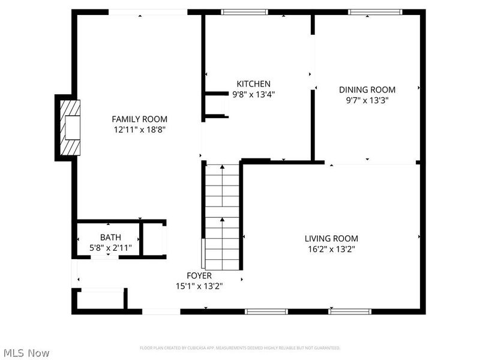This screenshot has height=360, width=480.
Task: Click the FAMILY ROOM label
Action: tap(139, 119)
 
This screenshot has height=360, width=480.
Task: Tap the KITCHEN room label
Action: tap(253, 84)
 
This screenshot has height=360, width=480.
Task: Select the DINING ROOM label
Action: tap(367, 89)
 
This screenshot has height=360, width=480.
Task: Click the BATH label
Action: tap(110, 237)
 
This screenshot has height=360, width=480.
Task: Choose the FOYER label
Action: tap(199, 275)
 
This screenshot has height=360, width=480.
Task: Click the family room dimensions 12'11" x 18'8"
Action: tap(139, 129)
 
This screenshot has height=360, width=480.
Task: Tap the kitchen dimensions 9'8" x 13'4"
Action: tap(253, 94)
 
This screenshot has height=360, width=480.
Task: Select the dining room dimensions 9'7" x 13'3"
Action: tap(367, 100)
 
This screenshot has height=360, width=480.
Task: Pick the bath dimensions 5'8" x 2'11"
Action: tap(110, 247)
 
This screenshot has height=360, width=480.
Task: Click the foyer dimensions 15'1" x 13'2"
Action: tap(199, 286)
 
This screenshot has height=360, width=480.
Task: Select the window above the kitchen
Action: tap(244, 11)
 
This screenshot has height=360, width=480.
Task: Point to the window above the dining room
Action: tap(376, 11)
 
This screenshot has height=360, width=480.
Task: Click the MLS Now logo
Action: tap(26, 353)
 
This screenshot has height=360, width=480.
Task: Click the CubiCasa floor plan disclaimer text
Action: tap(240, 348)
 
